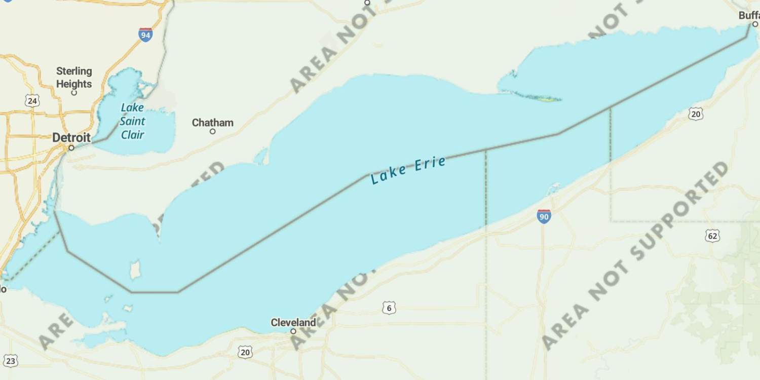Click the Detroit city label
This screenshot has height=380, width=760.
tap(71, 137)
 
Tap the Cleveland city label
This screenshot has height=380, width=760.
tap(293, 322)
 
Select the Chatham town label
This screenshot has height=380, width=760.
tap(213, 123)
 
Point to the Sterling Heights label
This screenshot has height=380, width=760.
tap(74, 78)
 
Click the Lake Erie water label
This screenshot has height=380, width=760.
tap(408, 170)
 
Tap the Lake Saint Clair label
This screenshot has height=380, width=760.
tap(132, 121)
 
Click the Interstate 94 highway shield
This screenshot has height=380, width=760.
tap(145, 34)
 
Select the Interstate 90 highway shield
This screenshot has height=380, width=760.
tap(544, 216)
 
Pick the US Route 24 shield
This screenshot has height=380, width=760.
tap(32, 101)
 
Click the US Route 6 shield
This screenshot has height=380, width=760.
tap(389, 308)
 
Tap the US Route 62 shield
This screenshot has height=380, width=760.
tap(712, 235)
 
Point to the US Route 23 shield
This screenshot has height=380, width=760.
tap(11, 361)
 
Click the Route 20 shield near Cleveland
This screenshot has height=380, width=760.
tap(245, 352)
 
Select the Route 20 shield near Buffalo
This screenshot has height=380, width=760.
tap(696, 114)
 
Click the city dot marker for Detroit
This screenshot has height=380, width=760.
tap(71, 148)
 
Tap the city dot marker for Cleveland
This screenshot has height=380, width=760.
tap(293, 331)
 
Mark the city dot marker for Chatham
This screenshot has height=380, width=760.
tap(213, 132)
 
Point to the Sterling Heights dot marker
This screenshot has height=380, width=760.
tap(74, 93)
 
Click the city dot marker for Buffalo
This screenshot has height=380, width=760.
tap(755, 24)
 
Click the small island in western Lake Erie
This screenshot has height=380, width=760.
tap(135, 270)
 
